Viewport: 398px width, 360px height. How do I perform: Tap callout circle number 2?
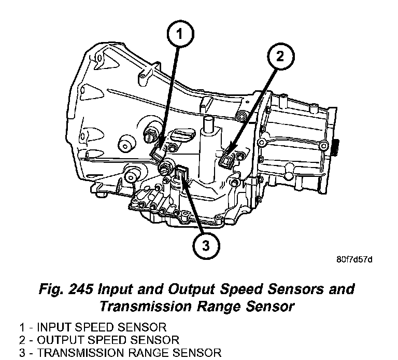point(280,57)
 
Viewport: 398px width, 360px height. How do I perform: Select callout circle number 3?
point(206,245)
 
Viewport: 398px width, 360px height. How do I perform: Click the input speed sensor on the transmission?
point(158,153)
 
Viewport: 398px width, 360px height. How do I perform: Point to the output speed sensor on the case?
point(227,161)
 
